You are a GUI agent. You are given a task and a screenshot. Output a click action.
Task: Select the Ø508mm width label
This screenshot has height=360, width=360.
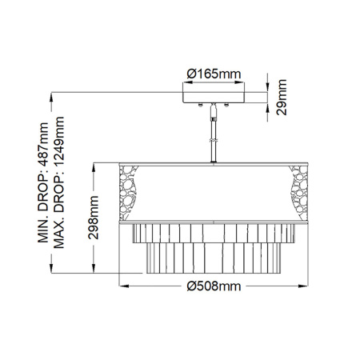click(214, 286)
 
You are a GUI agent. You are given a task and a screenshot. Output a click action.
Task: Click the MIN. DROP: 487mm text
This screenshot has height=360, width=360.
click(44, 181)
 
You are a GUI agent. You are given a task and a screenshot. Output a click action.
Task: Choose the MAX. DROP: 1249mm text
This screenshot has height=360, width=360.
click(60, 181)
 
